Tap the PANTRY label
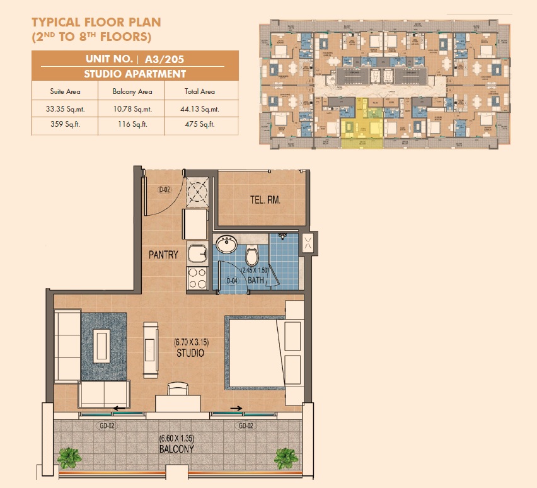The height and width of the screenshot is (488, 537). point(163,255)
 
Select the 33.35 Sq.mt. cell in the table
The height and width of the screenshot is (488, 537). point(67,108)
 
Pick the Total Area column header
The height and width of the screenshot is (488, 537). point(200,91)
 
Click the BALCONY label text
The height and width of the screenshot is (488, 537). point(176,450)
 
